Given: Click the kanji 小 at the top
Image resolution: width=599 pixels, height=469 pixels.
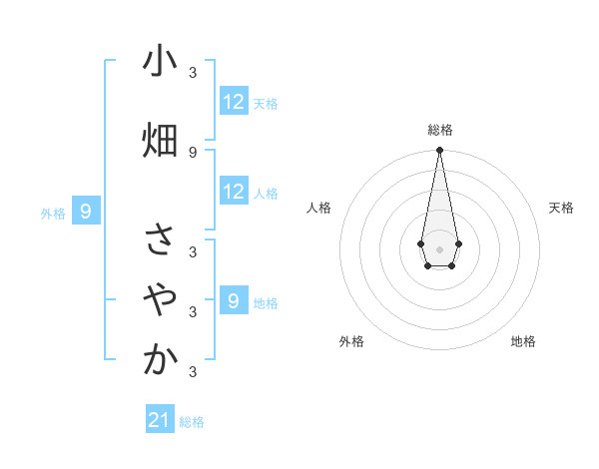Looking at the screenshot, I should click(x=160, y=63).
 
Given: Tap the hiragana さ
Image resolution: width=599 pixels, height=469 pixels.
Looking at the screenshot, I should click(x=160, y=239).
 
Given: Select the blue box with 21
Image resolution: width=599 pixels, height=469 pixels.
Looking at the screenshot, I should click(x=160, y=421).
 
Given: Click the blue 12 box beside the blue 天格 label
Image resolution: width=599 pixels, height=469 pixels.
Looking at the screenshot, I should click(x=234, y=102).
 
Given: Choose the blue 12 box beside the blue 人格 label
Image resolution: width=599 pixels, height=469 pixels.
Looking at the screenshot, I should click(x=234, y=192).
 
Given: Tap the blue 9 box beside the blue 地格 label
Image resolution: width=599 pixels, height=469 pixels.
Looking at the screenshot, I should click(x=234, y=300).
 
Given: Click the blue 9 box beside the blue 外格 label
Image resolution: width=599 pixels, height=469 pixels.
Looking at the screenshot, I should click(x=86, y=212).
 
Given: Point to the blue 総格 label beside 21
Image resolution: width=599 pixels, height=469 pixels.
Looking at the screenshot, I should click(x=192, y=422).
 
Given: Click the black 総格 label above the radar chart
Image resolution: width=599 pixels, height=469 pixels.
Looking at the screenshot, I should click(x=440, y=130).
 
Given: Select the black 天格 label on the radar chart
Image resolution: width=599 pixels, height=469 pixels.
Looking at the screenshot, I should click(x=562, y=208).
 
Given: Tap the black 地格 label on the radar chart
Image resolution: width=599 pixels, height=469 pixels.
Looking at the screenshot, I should click(x=523, y=341).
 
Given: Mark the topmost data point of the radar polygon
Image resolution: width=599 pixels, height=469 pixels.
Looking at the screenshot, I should click(x=439, y=151).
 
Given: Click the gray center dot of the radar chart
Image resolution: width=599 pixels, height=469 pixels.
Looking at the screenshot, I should click(x=439, y=247).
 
